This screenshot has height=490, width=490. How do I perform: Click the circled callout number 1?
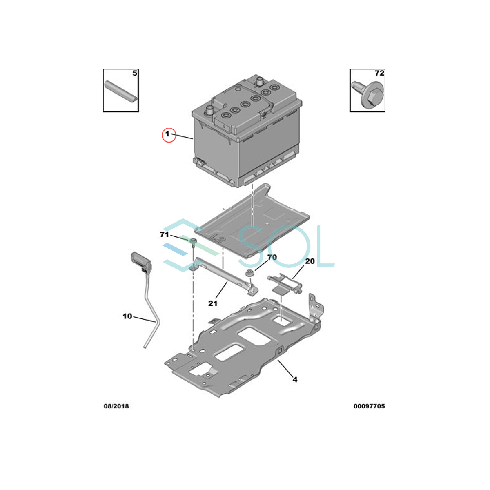click(167, 134)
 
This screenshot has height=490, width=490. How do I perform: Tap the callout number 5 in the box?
click(135, 73)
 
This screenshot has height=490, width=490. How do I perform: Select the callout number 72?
click(379, 73)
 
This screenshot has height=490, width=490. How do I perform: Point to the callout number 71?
click(164, 234)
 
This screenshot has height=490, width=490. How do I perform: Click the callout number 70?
click(272, 257)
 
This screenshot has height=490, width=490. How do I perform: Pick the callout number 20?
click(310, 261)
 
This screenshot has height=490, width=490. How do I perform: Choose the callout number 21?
click(213, 303)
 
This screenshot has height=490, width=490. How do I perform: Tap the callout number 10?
click(127, 316)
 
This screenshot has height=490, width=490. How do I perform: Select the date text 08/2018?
click(116, 406)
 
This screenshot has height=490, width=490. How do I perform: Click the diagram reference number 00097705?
click(369, 406)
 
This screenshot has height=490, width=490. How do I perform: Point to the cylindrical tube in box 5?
click(121, 91)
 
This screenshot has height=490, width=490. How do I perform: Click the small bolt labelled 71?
click(193, 242)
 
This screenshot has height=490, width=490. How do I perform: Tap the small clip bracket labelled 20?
click(285, 284)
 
